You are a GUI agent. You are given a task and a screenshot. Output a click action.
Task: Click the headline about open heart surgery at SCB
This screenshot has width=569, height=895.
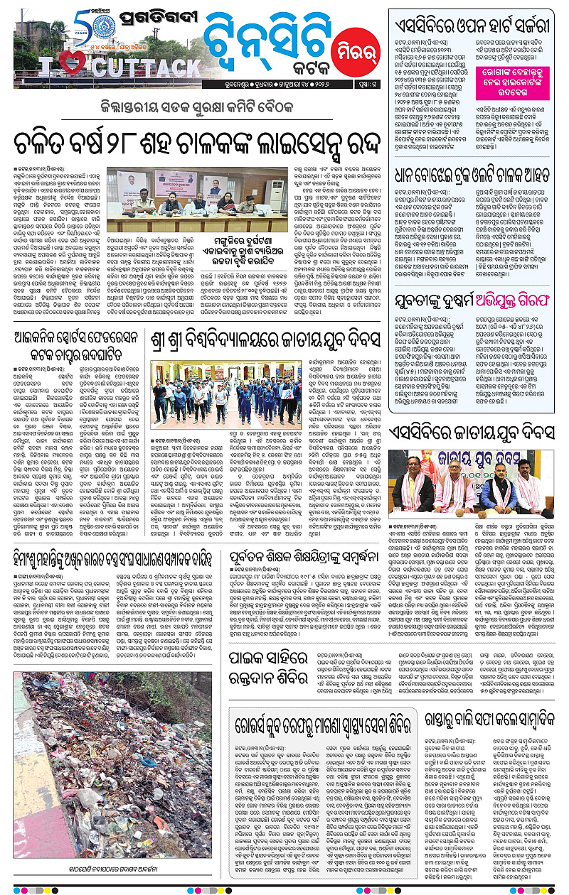[x=474, y=27]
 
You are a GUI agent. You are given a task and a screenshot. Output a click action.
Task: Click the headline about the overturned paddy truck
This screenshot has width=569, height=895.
[x=474, y=154]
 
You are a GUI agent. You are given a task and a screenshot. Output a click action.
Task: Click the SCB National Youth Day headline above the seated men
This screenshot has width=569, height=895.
[x=474, y=431]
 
